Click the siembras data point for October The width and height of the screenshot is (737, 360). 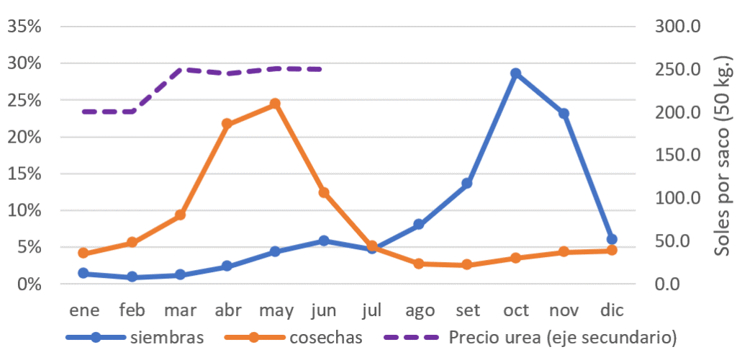click(515, 73)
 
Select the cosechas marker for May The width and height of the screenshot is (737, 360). click(275, 104)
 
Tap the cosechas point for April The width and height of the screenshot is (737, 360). click(227, 124)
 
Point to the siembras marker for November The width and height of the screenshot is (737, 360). click(564, 114)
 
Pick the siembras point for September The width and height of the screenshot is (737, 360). click(467, 184)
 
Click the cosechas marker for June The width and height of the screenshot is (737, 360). click(323, 192)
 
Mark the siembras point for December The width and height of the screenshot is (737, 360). click(612, 239)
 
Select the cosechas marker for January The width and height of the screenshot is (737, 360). click(83, 253)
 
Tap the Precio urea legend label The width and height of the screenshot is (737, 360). click(562, 336)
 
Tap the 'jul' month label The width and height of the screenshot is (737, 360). click(371, 310)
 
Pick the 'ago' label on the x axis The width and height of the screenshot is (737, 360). click(420, 310)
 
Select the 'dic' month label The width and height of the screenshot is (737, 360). click(612, 310)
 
